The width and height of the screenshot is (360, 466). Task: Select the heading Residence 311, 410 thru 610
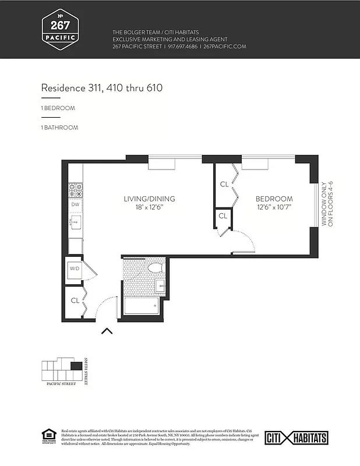(x=101, y=88)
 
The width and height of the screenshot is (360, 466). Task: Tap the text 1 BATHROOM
(x=59, y=127)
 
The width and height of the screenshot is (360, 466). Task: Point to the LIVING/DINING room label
(x=149, y=199)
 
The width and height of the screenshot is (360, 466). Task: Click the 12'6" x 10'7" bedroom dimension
(x=274, y=207)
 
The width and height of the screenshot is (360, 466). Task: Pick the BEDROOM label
(x=274, y=199)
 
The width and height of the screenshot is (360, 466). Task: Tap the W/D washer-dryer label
(x=75, y=269)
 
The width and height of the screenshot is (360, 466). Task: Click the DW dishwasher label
(x=75, y=204)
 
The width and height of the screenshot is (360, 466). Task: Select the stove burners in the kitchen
(x=76, y=190)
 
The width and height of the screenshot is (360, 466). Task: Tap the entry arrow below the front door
(x=107, y=331)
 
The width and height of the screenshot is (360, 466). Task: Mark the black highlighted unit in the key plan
(x=76, y=366)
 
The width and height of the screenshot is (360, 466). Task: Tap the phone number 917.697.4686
(x=182, y=46)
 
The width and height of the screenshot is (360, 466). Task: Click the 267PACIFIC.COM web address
(x=224, y=46)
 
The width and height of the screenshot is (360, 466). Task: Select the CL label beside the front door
(x=75, y=301)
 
